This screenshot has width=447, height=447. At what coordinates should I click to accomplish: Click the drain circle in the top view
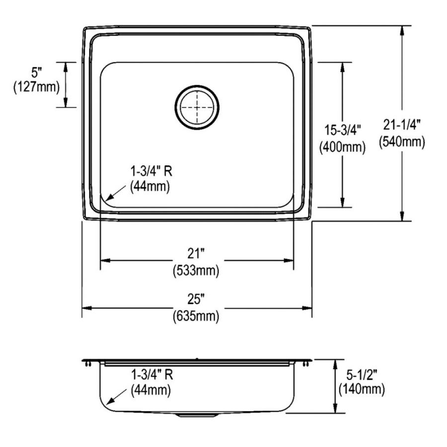click(x=197, y=106)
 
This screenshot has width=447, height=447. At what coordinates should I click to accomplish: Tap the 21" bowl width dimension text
click(x=196, y=254)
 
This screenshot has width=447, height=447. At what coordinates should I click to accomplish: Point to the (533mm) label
click(x=196, y=271)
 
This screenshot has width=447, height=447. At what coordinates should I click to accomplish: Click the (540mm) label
click(x=402, y=142)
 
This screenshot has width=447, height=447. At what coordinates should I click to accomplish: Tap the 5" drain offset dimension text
click(x=37, y=71)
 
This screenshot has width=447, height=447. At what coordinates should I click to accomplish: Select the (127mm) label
click(x=36, y=87)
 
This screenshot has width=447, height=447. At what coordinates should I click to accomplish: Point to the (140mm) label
click(x=361, y=390)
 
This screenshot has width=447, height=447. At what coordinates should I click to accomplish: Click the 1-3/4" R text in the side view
click(x=151, y=374)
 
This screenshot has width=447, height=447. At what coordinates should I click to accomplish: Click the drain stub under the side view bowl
click(x=197, y=414)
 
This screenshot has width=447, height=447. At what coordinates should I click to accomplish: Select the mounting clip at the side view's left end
click(x=88, y=364)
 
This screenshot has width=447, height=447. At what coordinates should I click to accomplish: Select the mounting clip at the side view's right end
click(x=305, y=364)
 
